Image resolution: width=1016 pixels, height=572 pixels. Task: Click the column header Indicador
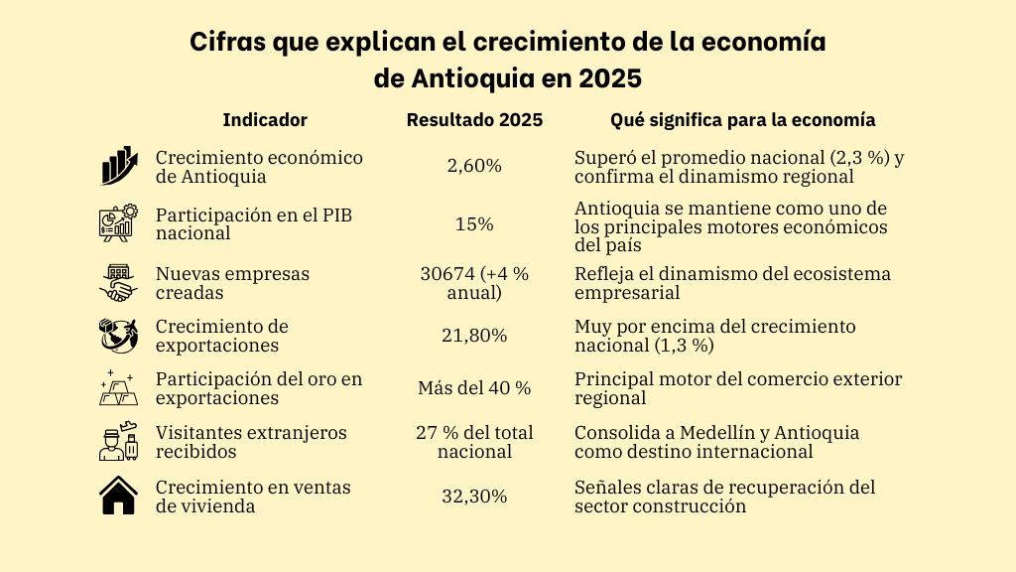tap(265, 120)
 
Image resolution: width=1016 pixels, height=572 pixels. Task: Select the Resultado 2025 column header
tap(474, 120)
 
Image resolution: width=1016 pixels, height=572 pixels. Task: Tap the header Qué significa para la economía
tap(742, 120)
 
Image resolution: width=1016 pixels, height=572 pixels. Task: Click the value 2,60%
tap(474, 166)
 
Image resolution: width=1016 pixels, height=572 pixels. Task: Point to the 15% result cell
tap(474, 224)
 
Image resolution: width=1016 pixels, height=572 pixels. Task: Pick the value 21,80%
tap(474, 336)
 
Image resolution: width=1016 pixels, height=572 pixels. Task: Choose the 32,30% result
tap(474, 497)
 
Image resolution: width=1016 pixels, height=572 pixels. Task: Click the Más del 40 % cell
tap(474, 388)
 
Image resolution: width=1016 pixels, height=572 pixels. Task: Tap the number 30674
tap(447, 273)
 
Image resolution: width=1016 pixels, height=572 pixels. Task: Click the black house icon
tap(119, 496)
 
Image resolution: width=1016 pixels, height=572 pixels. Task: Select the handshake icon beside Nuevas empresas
tap(119, 283)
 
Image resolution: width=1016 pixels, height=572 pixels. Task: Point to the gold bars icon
tap(119, 387)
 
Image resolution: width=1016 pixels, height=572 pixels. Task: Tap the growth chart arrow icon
tap(119, 166)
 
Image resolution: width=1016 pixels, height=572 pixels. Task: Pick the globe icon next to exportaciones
tap(119, 336)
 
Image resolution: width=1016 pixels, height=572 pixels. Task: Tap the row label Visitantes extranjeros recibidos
tap(251, 442)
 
